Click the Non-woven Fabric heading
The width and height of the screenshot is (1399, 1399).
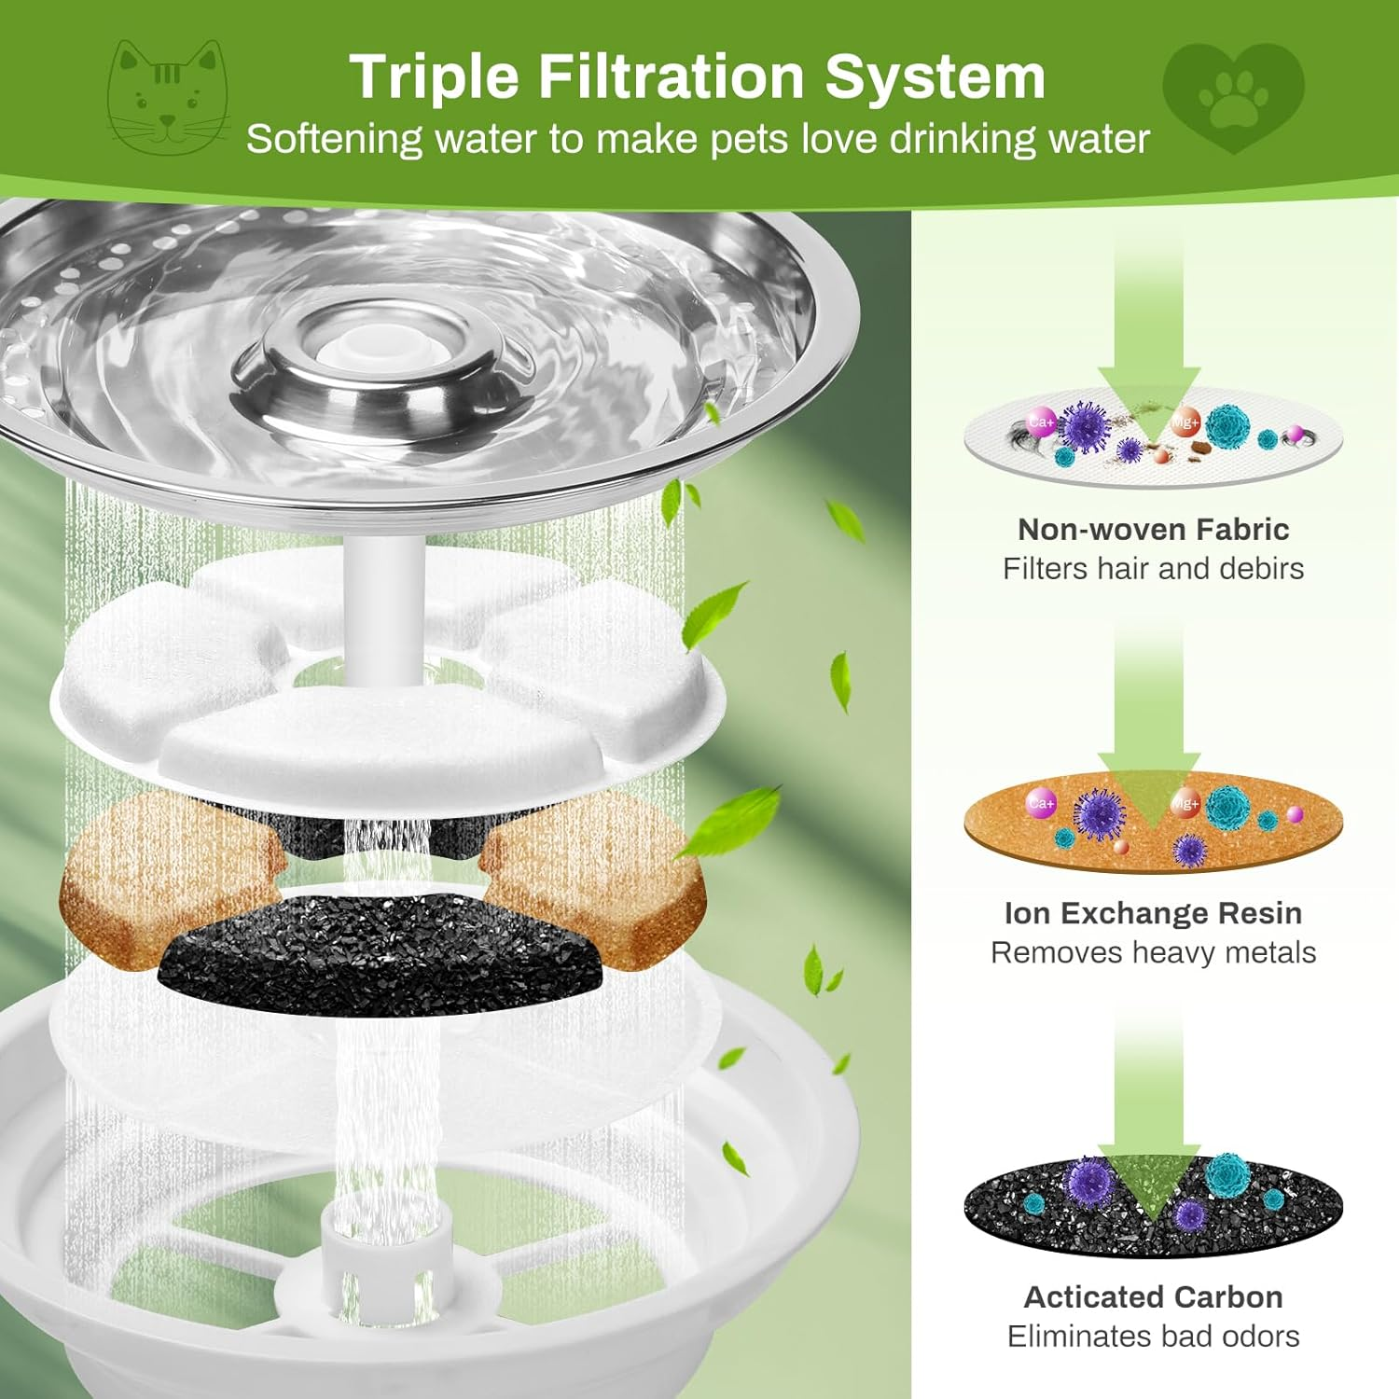[1153, 530]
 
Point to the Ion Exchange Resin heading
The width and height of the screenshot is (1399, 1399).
[1153, 913]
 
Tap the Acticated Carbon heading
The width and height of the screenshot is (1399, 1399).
[1153, 1297]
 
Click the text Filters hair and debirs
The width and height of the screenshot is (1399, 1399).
[1153, 569]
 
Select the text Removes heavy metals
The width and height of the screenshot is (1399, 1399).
[1153, 953]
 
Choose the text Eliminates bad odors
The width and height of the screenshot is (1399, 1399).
[1153, 1337]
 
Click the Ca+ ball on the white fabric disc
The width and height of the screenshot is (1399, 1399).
[1041, 422]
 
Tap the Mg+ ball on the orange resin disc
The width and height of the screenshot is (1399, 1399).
[1184, 804]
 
